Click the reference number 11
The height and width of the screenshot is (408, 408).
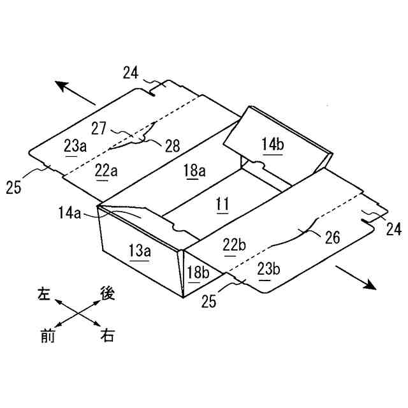[222, 205]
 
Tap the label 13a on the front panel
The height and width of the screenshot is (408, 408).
[140, 251]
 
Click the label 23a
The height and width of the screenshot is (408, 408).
[75, 146]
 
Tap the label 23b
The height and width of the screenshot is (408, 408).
[268, 268]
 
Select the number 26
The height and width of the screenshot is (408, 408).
[332, 237]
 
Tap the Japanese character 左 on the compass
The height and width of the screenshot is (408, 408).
[44, 295]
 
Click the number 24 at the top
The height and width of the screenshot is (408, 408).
[131, 73]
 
